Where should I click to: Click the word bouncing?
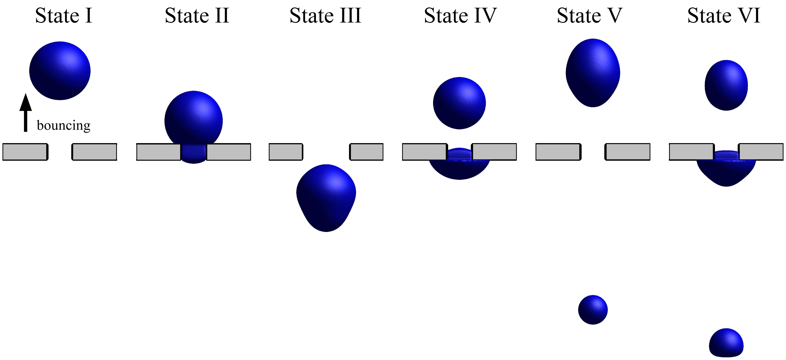click(63, 125)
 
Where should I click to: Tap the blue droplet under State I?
click(60, 71)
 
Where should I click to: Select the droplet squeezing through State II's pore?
click(193, 122)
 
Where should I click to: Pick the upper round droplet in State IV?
click(459, 103)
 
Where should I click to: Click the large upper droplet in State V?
click(593, 73)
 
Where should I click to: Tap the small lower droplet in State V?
click(593, 310)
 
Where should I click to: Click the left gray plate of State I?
click(25, 152)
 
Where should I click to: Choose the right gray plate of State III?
click(366, 152)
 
